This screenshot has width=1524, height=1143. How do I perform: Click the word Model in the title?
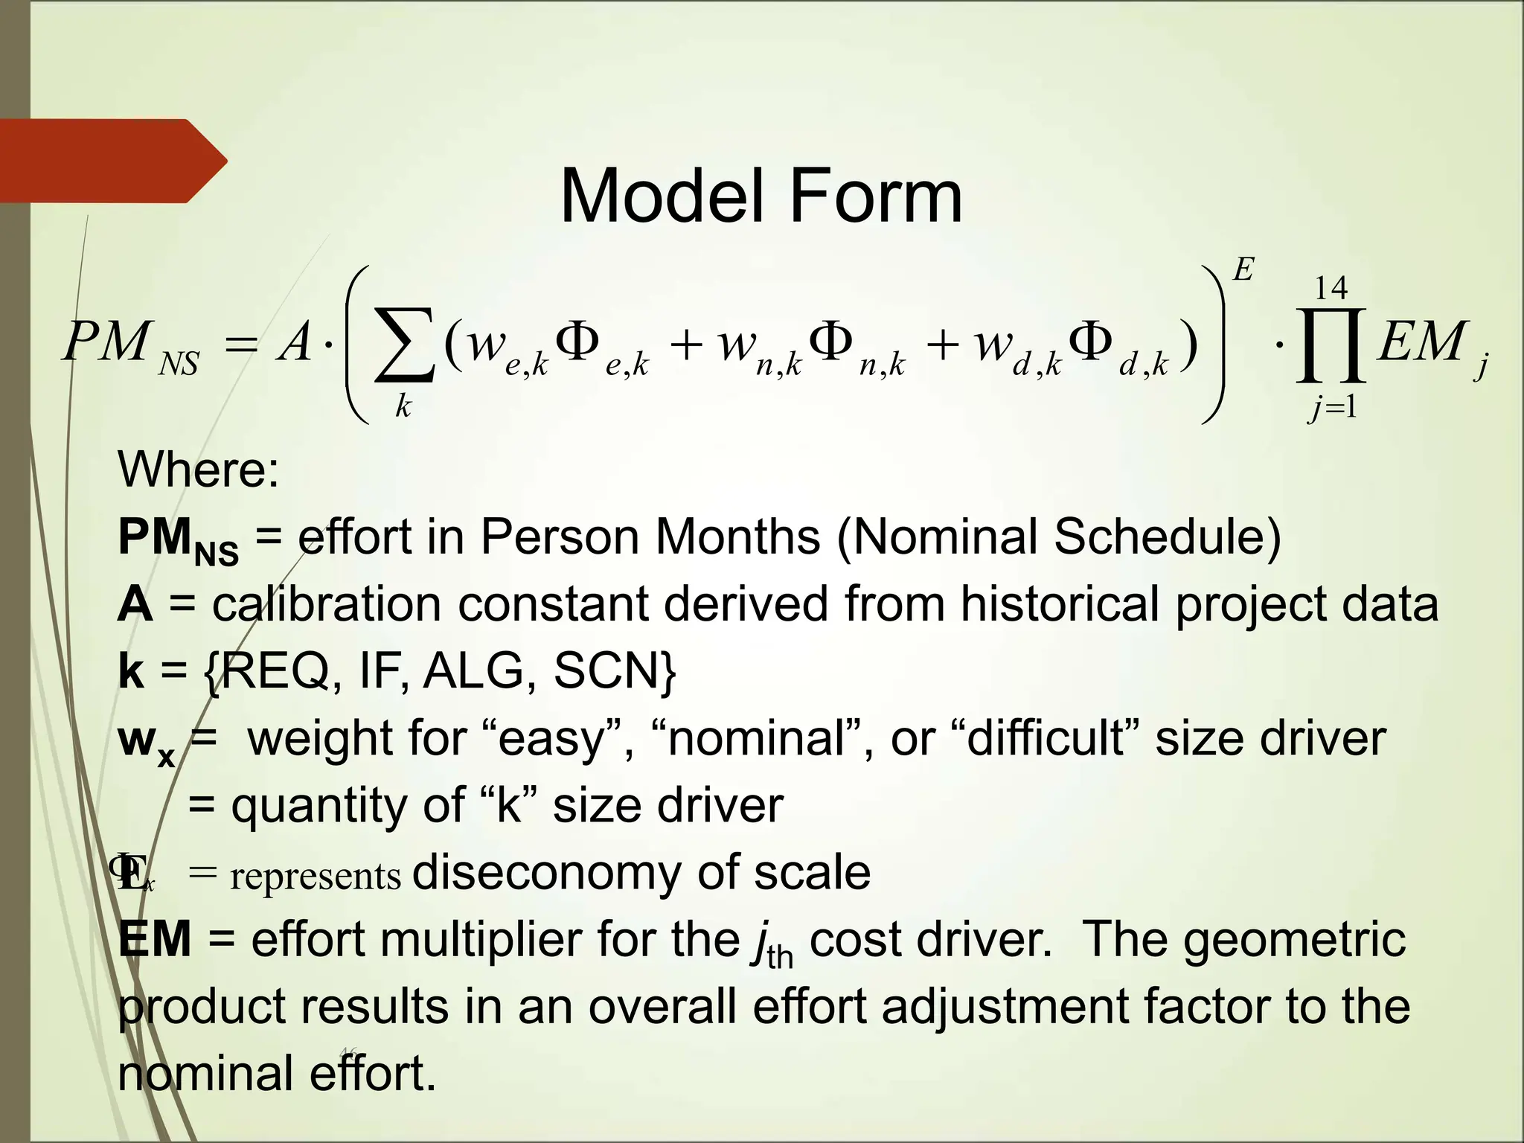point(664,196)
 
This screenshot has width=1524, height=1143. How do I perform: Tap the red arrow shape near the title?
point(112,161)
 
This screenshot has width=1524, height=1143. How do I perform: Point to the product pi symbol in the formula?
point(1331,346)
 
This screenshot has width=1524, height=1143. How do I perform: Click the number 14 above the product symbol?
point(1331,288)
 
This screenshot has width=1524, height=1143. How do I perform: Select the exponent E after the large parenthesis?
point(1243,269)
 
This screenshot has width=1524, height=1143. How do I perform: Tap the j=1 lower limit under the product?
point(1332,406)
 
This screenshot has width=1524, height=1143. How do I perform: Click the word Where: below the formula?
point(198,470)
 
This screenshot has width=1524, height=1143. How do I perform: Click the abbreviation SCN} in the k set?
point(615,670)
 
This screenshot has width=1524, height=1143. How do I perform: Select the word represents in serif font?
point(316,877)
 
